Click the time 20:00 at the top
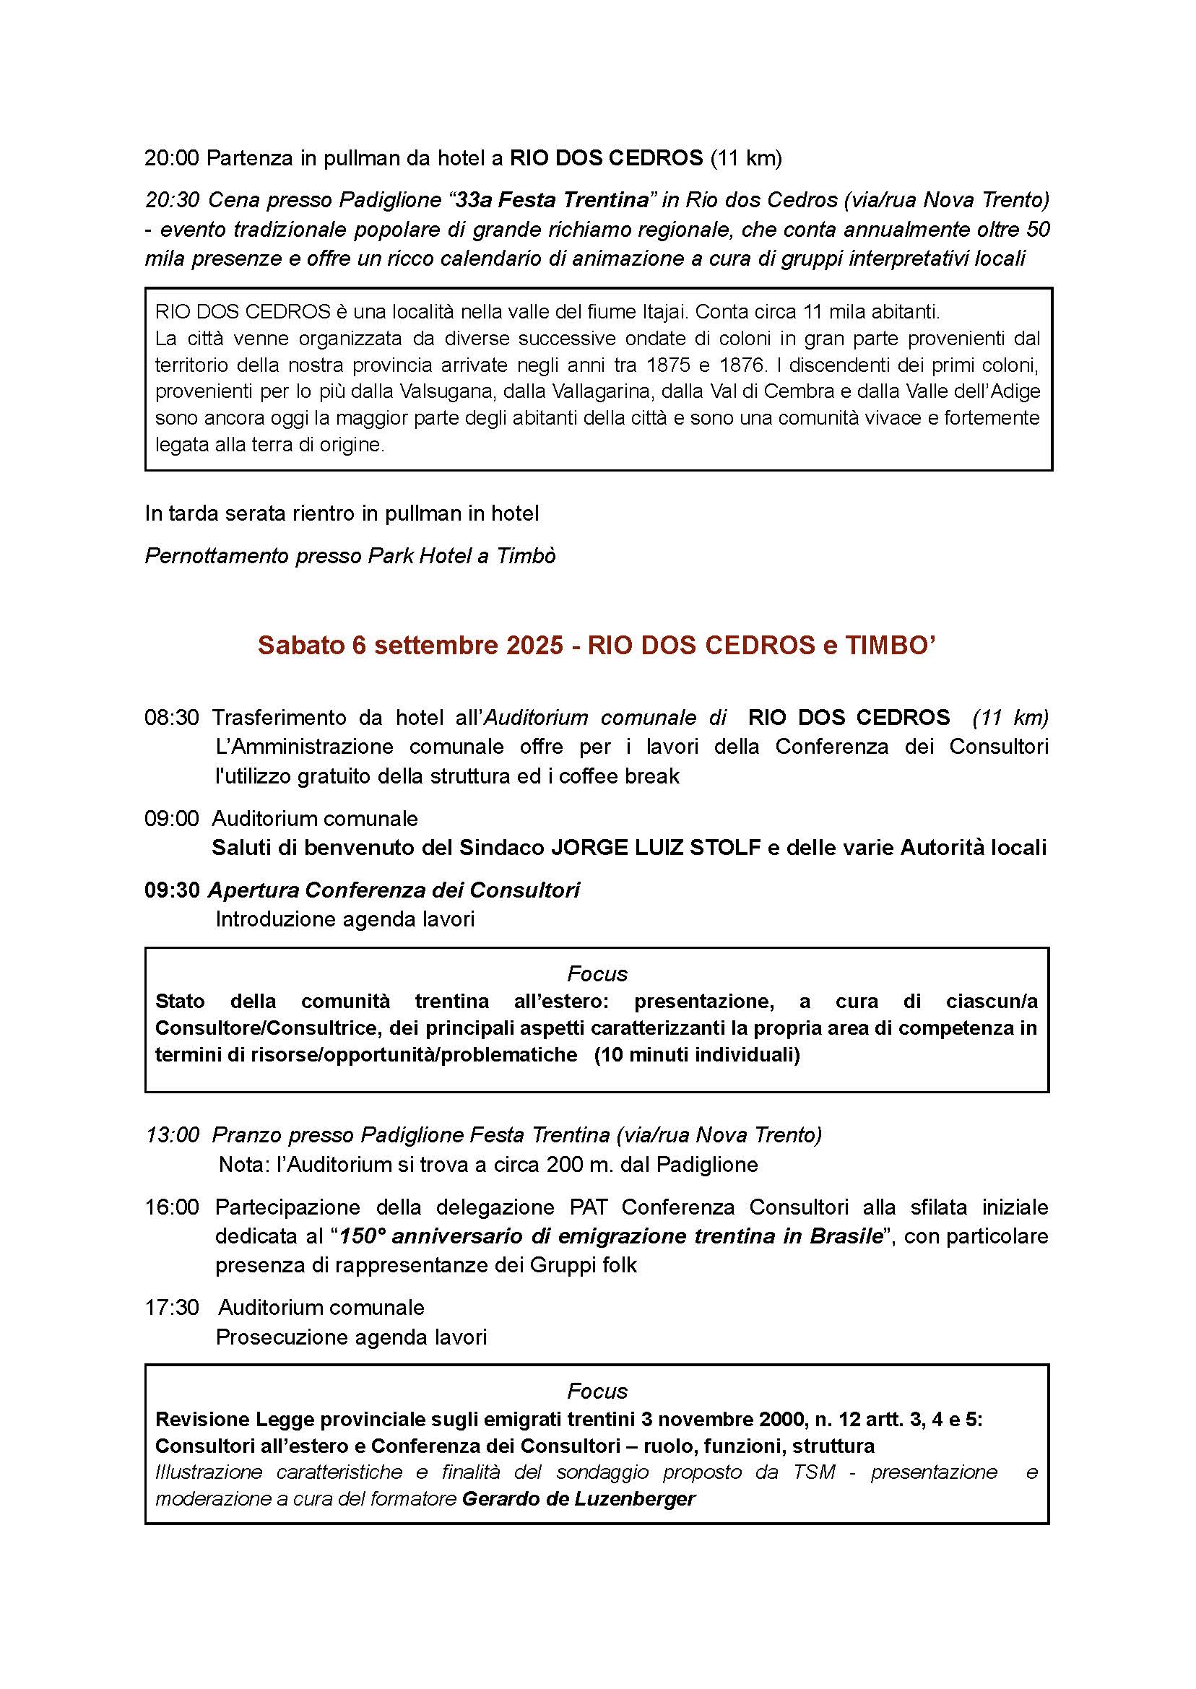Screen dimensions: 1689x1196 click(172, 157)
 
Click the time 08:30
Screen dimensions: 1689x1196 click(172, 717)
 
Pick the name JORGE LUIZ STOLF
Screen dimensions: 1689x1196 click(656, 848)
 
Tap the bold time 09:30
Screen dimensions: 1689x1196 click(172, 890)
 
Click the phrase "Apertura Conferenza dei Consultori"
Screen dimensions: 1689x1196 click(394, 890)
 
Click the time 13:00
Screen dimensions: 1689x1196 click(172, 1134)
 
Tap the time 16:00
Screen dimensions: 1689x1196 click(172, 1207)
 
